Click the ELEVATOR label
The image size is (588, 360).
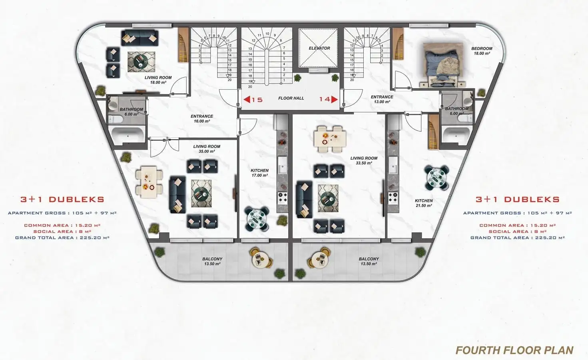point(319,48)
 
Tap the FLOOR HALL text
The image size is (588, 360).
point(291,98)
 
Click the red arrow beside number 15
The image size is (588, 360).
point(247,100)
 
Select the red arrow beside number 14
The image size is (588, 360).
point(335,100)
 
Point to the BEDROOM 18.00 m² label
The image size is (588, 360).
point(482,51)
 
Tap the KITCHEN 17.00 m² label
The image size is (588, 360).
point(259,173)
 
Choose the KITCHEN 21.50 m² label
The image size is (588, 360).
point(424,203)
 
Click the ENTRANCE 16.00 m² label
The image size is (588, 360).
point(202,119)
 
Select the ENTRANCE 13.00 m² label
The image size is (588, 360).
point(382,99)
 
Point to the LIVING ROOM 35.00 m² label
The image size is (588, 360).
point(207,149)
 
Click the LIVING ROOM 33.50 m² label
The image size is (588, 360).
point(364,160)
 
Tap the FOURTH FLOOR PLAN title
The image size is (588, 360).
point(514,350)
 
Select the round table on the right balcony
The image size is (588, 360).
point(320,259)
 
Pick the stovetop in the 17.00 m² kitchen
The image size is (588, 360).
point(283,198)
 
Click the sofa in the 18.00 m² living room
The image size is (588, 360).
point(140,38)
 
